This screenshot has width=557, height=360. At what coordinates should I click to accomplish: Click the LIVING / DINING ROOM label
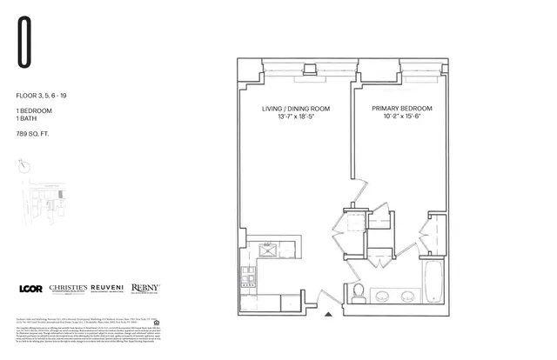(x=292, y=109)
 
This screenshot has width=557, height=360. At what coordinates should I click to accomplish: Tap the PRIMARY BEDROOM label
(x=402, y=109)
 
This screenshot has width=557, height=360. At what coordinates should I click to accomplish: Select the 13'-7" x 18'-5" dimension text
(x=292, y=117)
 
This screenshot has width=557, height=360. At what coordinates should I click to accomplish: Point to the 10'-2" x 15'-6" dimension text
(x=402, y=117)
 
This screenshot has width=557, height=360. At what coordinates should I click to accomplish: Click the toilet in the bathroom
(x=357, y=292)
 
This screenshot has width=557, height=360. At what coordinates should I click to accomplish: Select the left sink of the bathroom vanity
(x=382, y=296)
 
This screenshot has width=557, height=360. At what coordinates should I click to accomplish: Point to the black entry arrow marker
(x=328, y=314)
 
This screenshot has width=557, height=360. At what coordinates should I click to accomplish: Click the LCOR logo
(x=30, y=288)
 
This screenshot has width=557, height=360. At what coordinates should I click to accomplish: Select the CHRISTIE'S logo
(x=72, y=288)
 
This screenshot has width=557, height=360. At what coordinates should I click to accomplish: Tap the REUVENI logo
(x=117, y=288)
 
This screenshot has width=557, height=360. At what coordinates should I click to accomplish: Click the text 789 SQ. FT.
(x=31, y=134)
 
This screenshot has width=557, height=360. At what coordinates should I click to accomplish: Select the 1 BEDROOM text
(x=31, y=112)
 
